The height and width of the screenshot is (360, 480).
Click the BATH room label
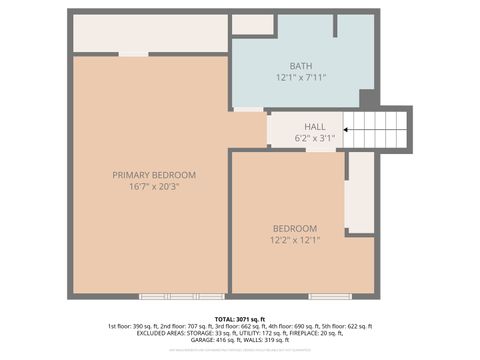pos(301,65)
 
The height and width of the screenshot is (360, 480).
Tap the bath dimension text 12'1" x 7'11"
pos(301,77)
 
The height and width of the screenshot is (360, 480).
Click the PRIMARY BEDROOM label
pos(154,175)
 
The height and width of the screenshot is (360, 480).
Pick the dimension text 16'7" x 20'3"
pos(154,187)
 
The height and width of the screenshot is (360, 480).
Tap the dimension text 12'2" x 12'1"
pos(295,240)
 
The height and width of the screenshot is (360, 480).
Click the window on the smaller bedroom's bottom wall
pos(329,296)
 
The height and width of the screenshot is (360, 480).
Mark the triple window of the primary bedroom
pos(181,296)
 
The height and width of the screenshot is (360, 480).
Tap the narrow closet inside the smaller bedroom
pos(359,191)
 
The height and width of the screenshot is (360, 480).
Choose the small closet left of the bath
pos(252,25)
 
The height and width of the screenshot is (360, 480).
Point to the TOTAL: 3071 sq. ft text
pos(240,318)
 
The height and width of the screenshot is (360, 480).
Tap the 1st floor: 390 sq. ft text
pos(136,326)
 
